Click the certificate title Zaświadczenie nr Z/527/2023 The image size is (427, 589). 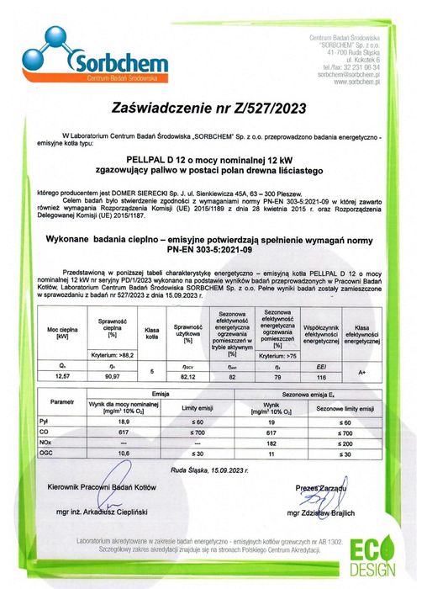point(213,108)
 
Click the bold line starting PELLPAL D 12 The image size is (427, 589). point(213,157)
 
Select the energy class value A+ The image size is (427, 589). point(361,370)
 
